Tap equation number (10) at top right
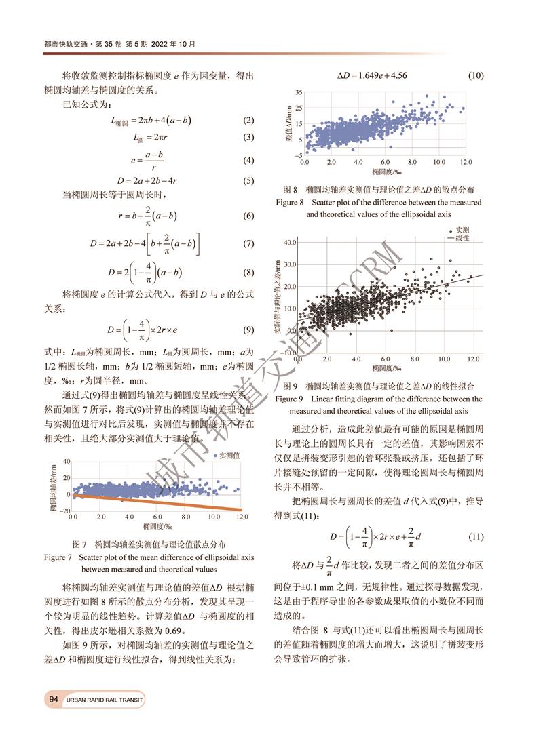point(475,75)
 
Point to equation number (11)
point(475,536)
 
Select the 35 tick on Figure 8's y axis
point(299,92)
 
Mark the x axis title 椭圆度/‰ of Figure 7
point(157,525)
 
